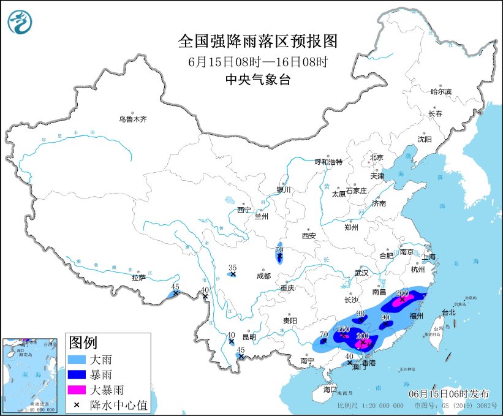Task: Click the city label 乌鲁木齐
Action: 133,119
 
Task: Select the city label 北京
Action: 376,157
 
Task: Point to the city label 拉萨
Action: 138,278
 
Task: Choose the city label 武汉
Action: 361,272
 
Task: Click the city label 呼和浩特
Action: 328,162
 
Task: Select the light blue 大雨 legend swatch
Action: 78,360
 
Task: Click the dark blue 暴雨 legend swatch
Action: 78,374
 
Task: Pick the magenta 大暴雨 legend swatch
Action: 78,389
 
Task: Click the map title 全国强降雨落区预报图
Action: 257,41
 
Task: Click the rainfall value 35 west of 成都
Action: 232,267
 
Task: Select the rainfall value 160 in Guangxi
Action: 344,330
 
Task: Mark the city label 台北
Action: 448,312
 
